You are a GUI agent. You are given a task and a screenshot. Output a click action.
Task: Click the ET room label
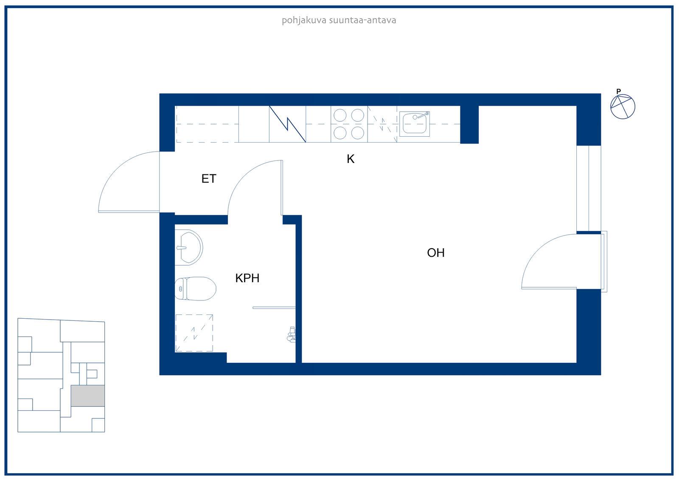(x=209, y=179)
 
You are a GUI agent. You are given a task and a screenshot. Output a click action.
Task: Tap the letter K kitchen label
(x=351, y=159)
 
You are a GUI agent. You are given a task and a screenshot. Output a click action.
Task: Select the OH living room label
(x=435, y=253)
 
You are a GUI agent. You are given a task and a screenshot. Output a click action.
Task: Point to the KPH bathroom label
(x=247, y=278)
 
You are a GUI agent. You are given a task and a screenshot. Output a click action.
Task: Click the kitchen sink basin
(x=414, y=124)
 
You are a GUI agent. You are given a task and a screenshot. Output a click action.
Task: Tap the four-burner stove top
(x=349, y=124)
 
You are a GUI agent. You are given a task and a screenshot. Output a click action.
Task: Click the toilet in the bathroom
(x=195, y=288)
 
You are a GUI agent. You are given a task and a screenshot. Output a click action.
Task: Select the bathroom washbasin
(x=188, y=247)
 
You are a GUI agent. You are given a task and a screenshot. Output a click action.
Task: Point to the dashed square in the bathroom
(x=194, y=333)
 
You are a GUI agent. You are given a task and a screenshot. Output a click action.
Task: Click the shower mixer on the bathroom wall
(x=291, y=335)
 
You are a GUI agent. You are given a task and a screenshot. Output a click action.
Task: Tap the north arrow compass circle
(x=623, y=107)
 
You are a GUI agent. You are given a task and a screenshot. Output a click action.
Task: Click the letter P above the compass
(x=619, y=91)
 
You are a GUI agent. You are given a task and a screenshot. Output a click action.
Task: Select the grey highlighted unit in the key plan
(x=88, y=396)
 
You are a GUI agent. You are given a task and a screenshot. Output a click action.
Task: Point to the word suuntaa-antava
(x=362, y=21)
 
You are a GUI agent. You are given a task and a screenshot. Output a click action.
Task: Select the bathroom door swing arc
(x=244, y=177)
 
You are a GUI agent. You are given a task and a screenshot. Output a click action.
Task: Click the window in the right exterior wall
(x=589, y=188)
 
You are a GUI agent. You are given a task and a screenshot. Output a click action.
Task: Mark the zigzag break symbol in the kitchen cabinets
(x=287, y=124)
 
